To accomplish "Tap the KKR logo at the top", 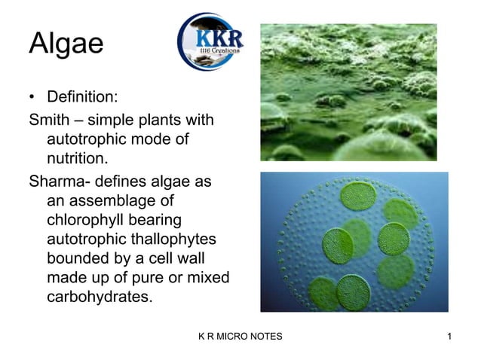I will (x=210, y=42).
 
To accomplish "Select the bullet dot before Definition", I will (x=32, y=98).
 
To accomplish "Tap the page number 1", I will (x=449, y=336).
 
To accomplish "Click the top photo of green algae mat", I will (x=348, y=92).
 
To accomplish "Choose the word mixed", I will (x=208, y=278).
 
